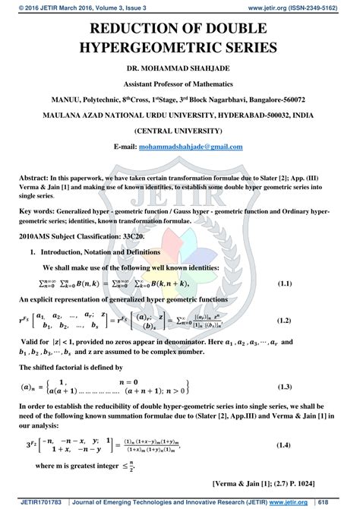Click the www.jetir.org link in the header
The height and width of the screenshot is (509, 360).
[x=265, y=6]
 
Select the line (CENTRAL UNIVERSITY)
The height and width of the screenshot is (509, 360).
[x=179, y=130]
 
